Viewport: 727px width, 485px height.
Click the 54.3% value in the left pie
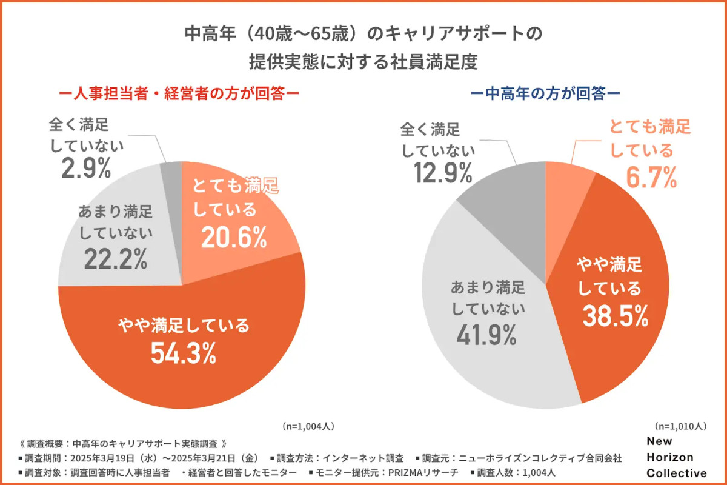click(184, 353)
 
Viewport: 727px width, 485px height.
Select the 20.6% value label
click(234, 238)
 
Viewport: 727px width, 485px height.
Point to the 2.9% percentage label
click(86, 169)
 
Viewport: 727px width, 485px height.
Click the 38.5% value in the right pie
click(616, 315)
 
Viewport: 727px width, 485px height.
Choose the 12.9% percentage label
click(443, 174)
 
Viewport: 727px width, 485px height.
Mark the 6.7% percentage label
click(651, 177)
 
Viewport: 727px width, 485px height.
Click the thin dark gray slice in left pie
click(172, 176)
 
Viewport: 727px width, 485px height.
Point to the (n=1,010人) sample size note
click(680, 427)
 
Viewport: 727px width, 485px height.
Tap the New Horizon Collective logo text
click(676, 457)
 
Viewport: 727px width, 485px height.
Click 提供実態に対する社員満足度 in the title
click(363, 62)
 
